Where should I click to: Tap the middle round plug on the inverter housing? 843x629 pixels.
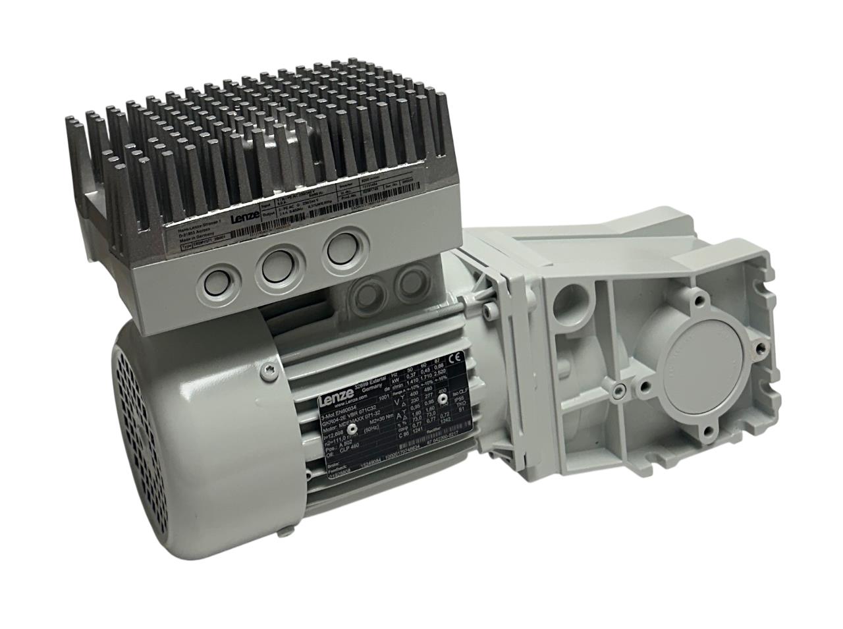pos(277,266)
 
